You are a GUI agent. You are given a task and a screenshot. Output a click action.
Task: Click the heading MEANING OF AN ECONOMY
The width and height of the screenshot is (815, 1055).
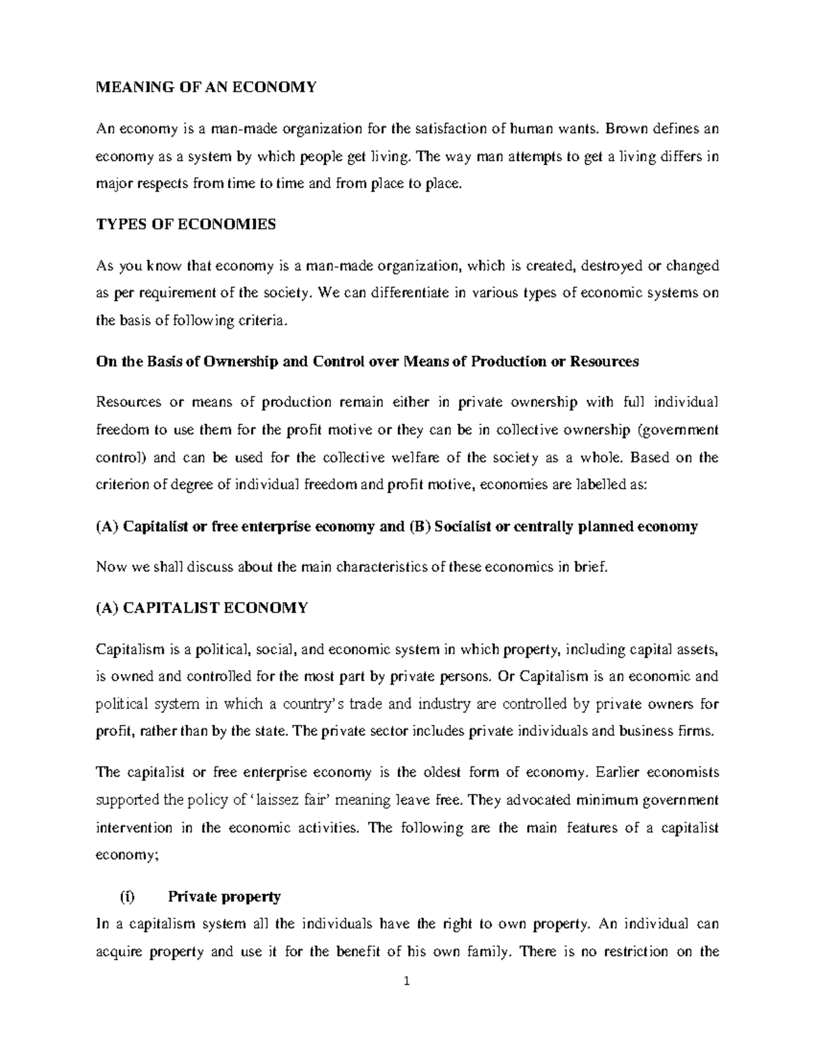(x=206, y=87)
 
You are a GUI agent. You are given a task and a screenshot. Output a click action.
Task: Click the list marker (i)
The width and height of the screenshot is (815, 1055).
(x=127, y=897)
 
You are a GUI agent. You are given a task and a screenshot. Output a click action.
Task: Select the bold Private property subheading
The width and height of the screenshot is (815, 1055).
(x=224, y=897)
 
